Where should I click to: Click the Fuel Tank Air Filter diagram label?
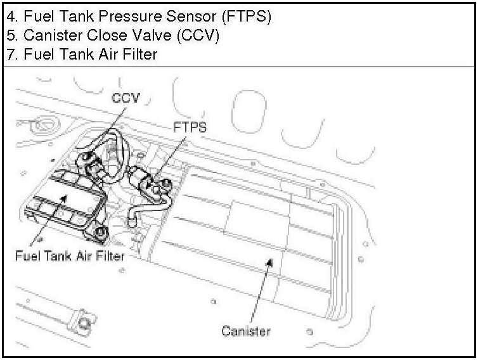point(69,256)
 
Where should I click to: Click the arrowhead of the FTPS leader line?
point(152,182)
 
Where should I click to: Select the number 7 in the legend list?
point(10,55)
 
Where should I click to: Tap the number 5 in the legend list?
point(10,36)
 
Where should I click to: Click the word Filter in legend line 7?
point(139,55)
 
